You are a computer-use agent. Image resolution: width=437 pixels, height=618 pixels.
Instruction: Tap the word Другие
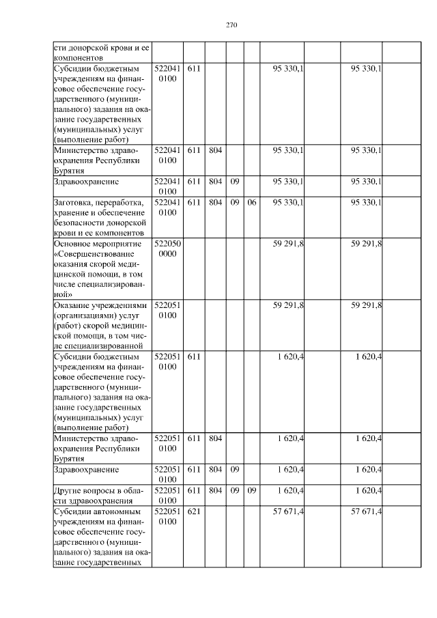68,490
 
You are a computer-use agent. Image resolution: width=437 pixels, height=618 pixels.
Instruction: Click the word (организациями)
84,317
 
